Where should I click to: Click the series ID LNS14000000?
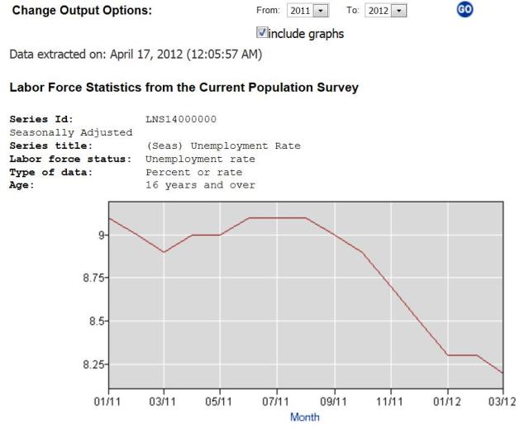click(x=180, y=120)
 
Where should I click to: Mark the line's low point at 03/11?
click(x=164, y=252)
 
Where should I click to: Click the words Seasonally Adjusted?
click(x=71, y=132)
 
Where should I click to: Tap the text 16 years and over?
click(x=200, y=184)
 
